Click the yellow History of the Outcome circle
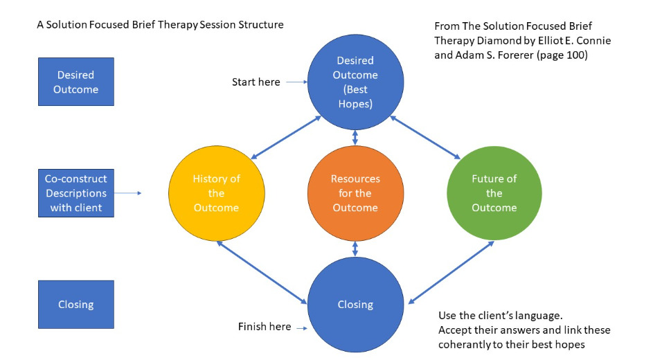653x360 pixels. (215, 193)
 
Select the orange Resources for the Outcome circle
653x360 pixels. (355, 193)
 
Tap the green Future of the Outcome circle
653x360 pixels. (494, 193)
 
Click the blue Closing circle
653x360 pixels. (355, 305)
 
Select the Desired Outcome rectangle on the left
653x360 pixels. (75, 82)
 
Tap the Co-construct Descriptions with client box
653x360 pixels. (75, 193)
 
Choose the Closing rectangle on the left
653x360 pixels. (75, 304)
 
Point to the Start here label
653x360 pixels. (256, 82)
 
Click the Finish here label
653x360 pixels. (264, 327)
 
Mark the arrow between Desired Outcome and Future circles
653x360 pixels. (425, 137)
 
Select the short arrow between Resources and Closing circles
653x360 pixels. (355, 249)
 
